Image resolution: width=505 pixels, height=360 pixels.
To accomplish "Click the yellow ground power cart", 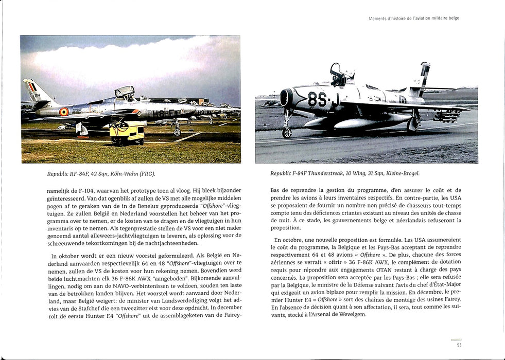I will coord(127,132).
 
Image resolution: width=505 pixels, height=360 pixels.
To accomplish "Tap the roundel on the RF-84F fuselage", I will coord(64,111).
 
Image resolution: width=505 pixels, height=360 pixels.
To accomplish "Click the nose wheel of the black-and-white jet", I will coord(287,132).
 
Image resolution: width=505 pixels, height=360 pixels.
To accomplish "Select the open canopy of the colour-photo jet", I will coord(124,92).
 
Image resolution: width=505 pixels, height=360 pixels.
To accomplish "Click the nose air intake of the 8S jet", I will coord(287,97).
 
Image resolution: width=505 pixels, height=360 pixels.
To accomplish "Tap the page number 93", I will coord(459,345).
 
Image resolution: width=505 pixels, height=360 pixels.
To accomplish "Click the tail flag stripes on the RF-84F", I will coord(31,87).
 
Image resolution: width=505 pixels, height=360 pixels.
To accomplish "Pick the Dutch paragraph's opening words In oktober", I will coord(64,256).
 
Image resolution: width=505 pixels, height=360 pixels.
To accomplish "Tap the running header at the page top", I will coord(413,18).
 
